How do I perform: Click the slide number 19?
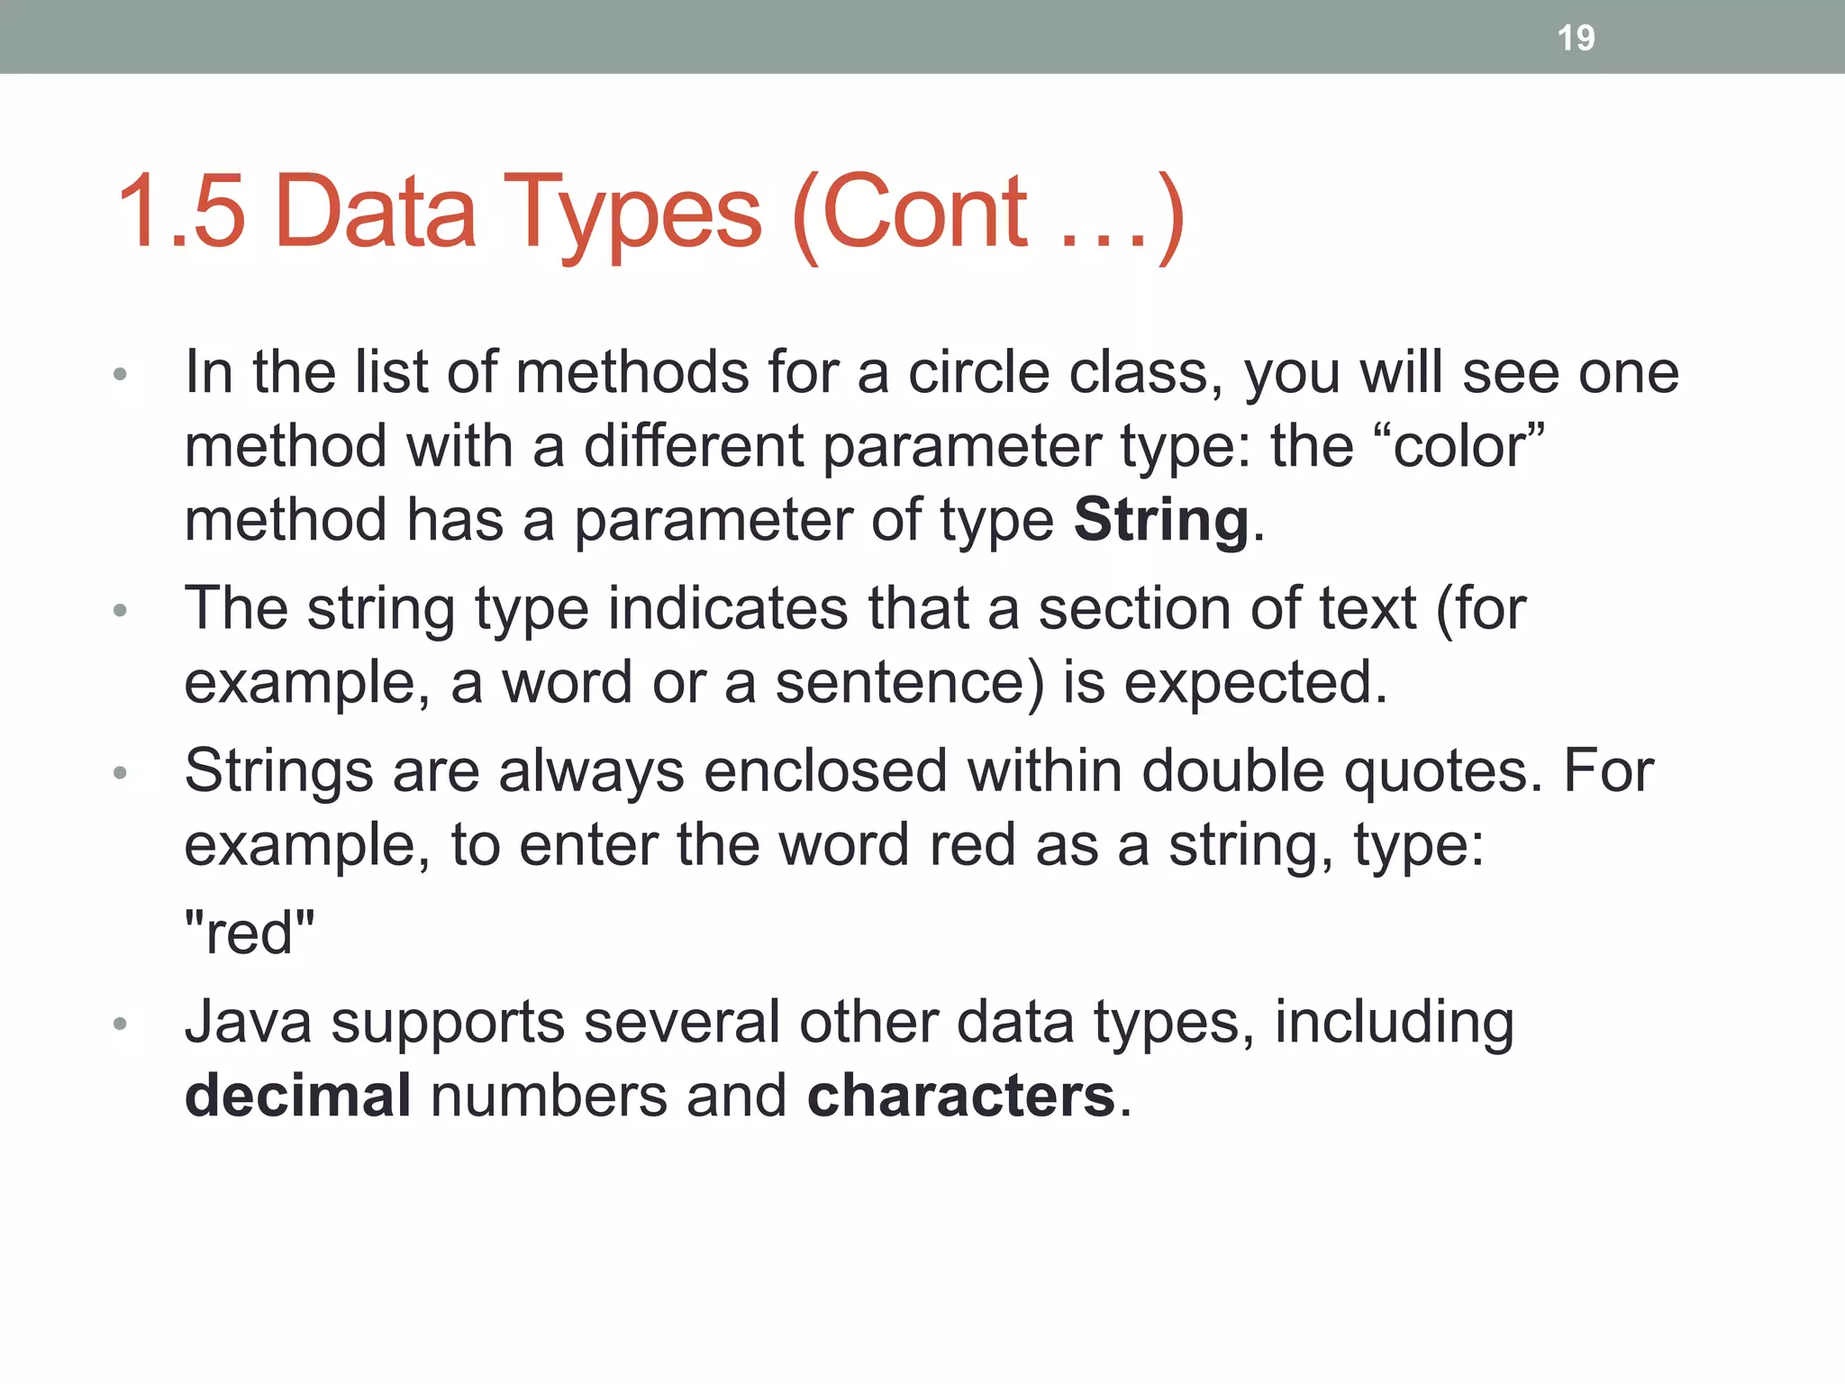1576,38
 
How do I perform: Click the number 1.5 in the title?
181,212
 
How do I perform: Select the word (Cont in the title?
910,214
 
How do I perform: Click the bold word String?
1161,520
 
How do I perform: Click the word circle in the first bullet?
978,372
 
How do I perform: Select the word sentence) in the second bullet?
910,682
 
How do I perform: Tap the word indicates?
728,608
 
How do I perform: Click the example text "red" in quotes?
250,933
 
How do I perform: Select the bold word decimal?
298,1096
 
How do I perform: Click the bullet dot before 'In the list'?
121,374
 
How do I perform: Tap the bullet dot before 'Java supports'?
121,1024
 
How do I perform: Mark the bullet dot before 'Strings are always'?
121,773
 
